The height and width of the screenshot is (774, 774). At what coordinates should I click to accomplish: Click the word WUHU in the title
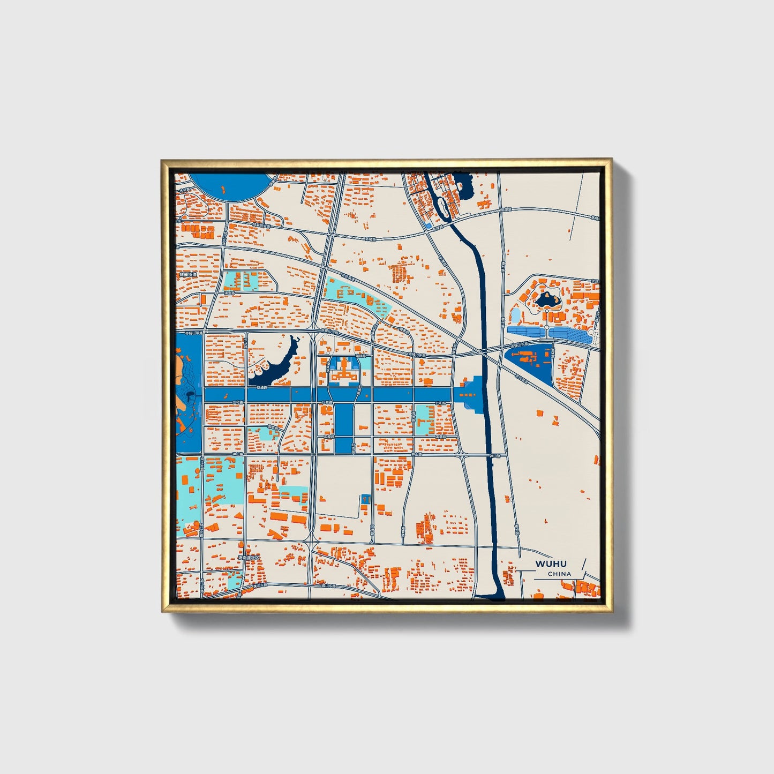pyautogui.click(x=551, y=563)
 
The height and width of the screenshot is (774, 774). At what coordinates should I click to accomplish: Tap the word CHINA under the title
pyautogui.click(x=559, y=574)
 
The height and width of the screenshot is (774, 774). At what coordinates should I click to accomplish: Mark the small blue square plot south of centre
pyautogui.click(x=366, y=498)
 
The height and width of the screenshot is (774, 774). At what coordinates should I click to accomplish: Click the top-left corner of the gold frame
pyautogui.click(x=163, y=160)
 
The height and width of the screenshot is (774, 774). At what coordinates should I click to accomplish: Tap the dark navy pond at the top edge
pyautogui.click(x=463, y=185)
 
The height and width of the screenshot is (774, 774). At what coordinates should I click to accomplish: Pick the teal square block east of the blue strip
pyautogui.click(x=424, y=419)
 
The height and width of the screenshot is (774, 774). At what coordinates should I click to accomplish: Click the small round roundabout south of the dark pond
pyautogui.click(x=546, y=326)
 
